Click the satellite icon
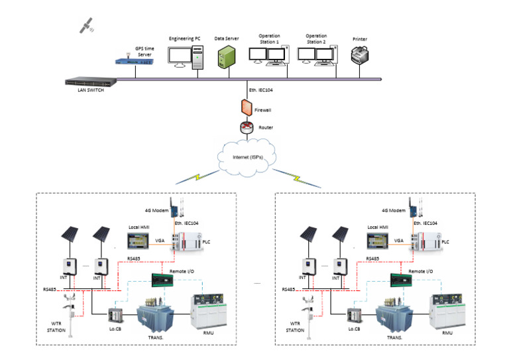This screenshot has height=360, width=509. (85, 25)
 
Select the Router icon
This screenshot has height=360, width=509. (245, 127)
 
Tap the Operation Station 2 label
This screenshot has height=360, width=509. (316, 38)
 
